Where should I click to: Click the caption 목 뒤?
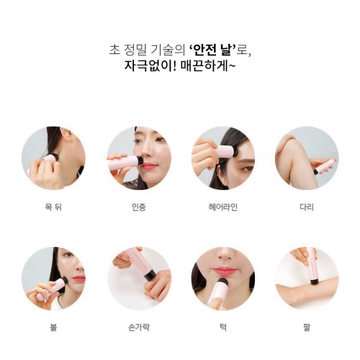[x=53, y=207]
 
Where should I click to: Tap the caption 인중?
[x=139, y=207]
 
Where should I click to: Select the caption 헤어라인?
[x=223, y=207]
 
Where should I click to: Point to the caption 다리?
[x=307, y=207]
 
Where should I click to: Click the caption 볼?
[x=53, y=327]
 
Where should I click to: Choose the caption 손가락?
[x=139, y=327]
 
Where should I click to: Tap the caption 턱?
[x=223, y=327]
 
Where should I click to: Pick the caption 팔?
[x=307, y=327]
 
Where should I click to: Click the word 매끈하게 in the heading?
[x=204, y=66]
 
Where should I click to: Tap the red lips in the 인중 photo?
[x=149, y=166]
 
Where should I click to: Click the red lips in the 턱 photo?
[x=222, y=271]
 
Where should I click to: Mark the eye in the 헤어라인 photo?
[x=247, y=168]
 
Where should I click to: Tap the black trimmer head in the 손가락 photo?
[x=149, y=275]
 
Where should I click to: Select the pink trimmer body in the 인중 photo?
[x=123, y=163]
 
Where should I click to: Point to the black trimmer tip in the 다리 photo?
[x=317, y=171]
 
